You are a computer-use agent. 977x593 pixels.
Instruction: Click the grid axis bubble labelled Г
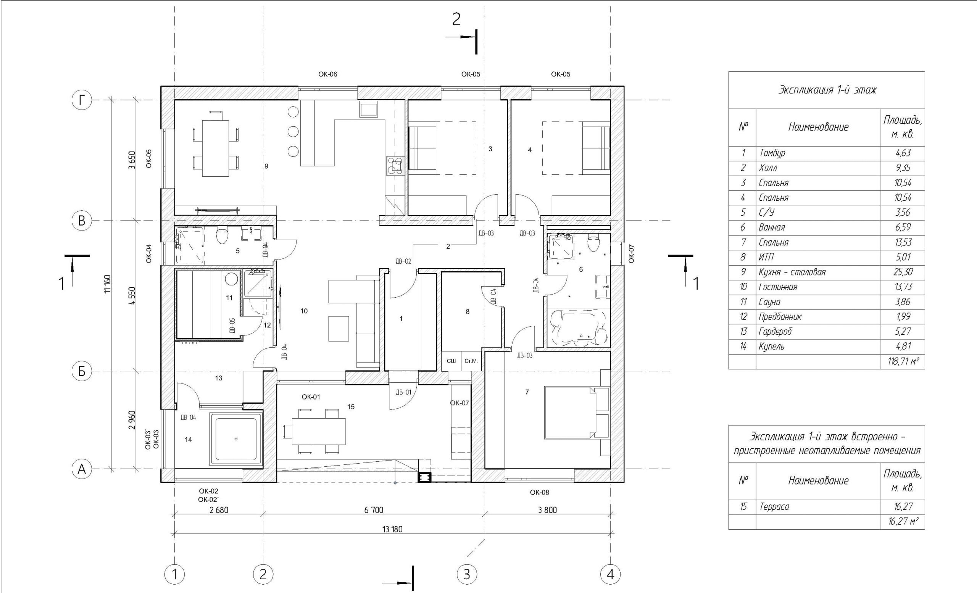point(82,100)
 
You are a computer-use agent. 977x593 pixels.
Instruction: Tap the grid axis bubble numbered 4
point(610,574)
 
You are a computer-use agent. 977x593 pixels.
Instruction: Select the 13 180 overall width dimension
point(392,529)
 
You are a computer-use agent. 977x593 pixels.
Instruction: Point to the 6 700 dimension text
point(374,510)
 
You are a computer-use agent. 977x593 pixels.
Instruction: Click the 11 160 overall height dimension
point(108,284)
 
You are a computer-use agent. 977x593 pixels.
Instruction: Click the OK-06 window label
point(327,74)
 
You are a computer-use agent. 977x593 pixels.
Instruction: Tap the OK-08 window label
point(540,492)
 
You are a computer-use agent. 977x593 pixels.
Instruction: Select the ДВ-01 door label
point(403,392)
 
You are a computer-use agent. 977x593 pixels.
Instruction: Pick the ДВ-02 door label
point(403,261)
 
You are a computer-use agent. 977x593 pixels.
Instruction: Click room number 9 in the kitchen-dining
point(266,166)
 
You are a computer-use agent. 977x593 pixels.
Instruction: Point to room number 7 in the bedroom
point(527,392)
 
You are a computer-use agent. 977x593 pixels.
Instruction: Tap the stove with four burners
point(395,166)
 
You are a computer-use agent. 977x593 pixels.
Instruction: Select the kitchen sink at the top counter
point(368,109)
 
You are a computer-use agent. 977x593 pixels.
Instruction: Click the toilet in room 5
point(222,236)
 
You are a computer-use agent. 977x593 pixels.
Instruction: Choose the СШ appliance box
point(451,361)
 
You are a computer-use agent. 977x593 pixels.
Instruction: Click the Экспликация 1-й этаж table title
point(827,90)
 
